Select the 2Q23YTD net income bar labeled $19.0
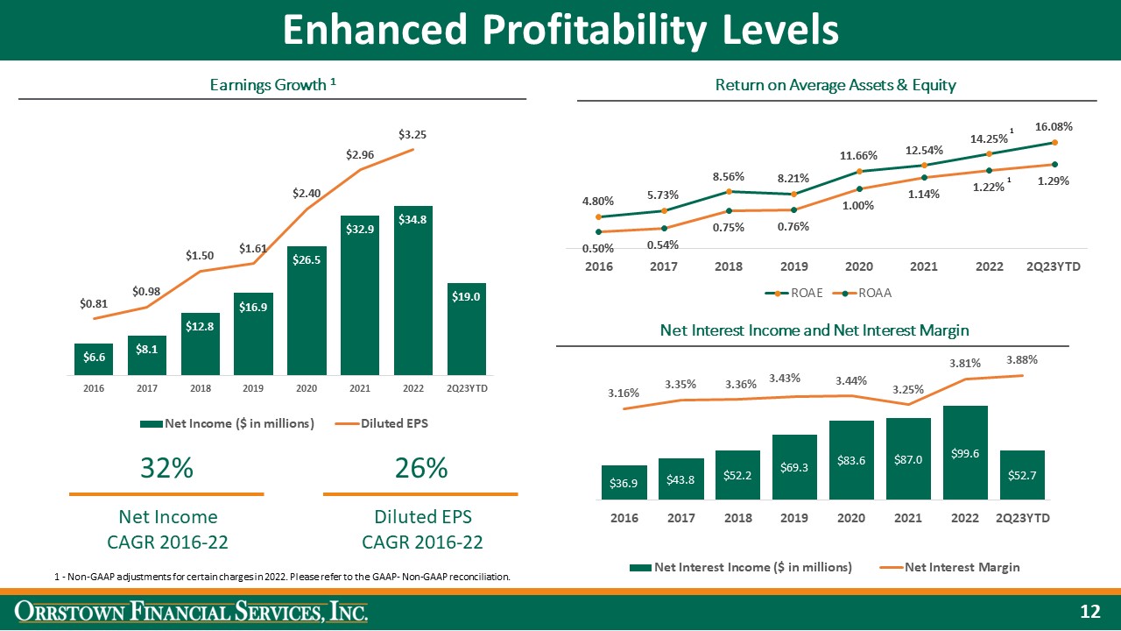pyautogui.click(x=466, y=330)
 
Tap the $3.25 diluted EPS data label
pyautogui.click(x=412, y=135)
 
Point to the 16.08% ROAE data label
pyautogui.click(x=1055, y=126)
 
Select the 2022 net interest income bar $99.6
pyautogui.click(x=965, y=452)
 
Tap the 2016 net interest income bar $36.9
pyautogui.click(x=624, y=482)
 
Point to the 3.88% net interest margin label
pyautogui.click(x=1023, y=359)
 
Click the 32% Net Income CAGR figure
pyautogui.click(x=166, y=469)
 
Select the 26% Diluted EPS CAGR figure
pyautogui.click(x=421, y=469)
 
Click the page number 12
pyautogui.click(x=1089, y=611)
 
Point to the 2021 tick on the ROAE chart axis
pyautogui.click(x=923, y=266)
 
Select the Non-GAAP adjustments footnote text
pyautogui.click(x=281, y=577)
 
